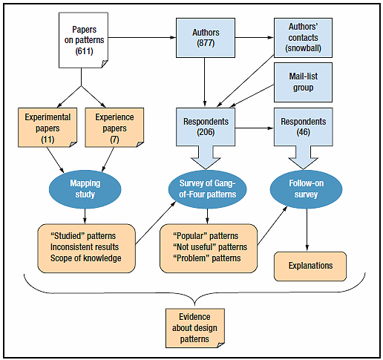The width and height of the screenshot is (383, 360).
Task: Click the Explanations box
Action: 311,266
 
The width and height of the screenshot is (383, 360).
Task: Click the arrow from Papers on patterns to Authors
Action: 142,36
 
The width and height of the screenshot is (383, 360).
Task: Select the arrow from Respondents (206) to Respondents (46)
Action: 252,128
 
